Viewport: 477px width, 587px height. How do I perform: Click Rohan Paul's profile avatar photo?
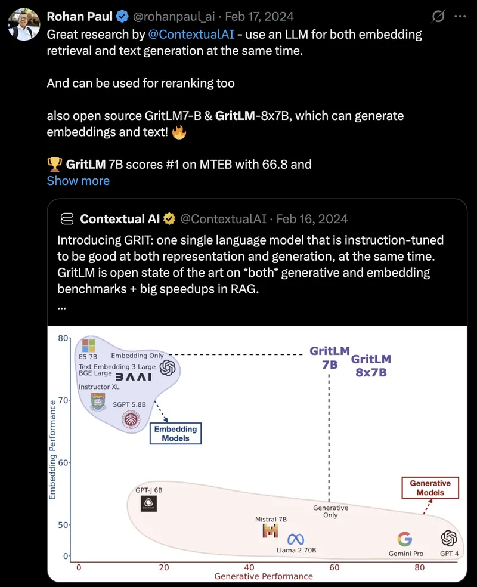pos(24,24)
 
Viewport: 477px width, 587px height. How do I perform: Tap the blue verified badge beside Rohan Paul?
pos(122,17)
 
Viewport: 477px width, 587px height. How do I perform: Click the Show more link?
pos(78,181)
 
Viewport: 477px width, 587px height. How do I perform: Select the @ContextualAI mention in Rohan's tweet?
pos(191,35)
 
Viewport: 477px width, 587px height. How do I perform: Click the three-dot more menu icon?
pos(460,17)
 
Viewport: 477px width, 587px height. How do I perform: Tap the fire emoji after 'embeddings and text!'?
pos(179,132)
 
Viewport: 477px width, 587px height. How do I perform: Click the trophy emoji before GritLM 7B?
pos(55,164)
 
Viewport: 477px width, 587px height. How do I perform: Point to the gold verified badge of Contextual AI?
pos(169,218)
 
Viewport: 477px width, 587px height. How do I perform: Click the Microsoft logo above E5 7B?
pos(89,345)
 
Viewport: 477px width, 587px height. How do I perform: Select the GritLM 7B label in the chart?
pos(330,357)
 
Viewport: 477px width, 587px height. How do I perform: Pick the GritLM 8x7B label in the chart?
pos(371,366)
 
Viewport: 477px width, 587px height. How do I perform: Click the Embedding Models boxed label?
pos(175,434)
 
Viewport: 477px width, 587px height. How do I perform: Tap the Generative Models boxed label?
pos(430,488)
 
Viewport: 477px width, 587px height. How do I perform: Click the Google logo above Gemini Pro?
pos(405,539)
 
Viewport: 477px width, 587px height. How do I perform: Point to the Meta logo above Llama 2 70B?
pos(296,539)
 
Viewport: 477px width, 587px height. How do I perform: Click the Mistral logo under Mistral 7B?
pos(271,531)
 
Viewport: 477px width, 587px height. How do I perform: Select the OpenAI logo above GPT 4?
pos(449,539)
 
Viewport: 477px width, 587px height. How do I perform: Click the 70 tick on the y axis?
pos(63,400)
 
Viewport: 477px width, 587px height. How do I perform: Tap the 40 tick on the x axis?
pos(249,567)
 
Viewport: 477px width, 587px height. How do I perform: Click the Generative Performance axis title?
pos(264,576)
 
